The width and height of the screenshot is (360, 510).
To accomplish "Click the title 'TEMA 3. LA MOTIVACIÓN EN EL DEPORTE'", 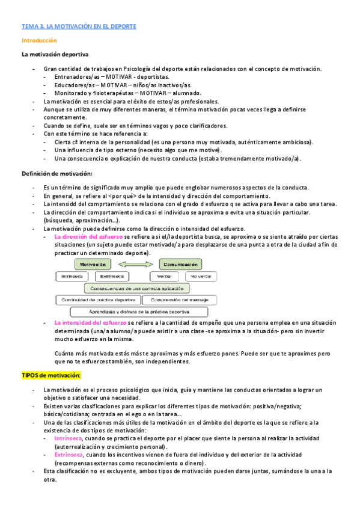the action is pos(79,26).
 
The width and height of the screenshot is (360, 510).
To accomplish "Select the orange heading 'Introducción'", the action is pos(39,40).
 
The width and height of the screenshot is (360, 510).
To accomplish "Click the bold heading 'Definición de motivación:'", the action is pos(56,174).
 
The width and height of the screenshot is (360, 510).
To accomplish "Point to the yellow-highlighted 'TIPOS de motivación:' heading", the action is pos(50,375).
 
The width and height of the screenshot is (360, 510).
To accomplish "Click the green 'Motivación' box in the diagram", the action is pos(94,264).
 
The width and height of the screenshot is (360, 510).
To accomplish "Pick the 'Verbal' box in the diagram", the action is pos(163,276).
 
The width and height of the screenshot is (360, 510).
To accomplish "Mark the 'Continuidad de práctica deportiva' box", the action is pos(99,300).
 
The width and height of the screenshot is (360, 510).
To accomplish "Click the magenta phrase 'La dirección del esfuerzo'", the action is pos(89,238).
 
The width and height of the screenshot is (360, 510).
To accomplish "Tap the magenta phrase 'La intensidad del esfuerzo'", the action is pos(90,323).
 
